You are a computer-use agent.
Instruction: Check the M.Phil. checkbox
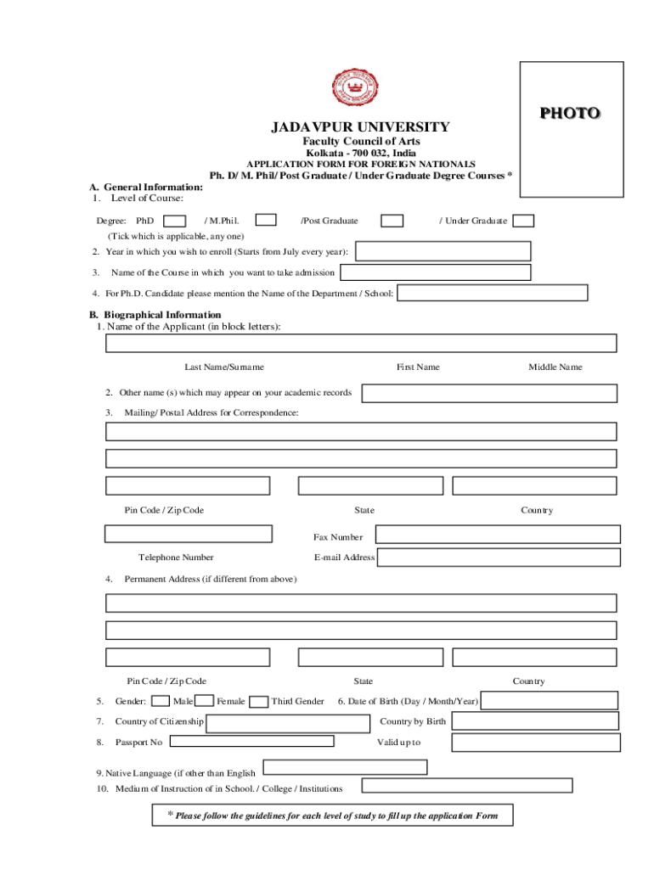click(x=266, y=220)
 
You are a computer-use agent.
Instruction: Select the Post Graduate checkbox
click(x=392, y=221)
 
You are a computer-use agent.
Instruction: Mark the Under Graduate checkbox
click(x=523, y=221)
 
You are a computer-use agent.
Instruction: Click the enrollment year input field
click(x=443, y=251)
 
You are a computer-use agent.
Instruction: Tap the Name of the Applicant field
click(x=361, y=343)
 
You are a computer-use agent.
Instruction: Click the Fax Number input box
click(x=496, y=534)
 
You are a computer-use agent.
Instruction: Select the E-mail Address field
click(x=499, y=557)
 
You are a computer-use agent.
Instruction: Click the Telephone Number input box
click(x=189, y=534)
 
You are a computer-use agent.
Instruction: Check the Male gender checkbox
click(x=160, y=701)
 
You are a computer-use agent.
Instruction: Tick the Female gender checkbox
click(x=204, y=701)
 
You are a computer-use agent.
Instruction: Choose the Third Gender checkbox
click(x=259, y=701)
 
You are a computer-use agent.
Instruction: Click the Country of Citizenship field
click(x=287, y=722)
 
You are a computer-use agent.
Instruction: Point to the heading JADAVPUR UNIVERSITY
click(x=360, y=126)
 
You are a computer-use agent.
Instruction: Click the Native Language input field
click(x=345, y=767)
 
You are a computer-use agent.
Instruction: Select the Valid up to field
click(x=535, y=742)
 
